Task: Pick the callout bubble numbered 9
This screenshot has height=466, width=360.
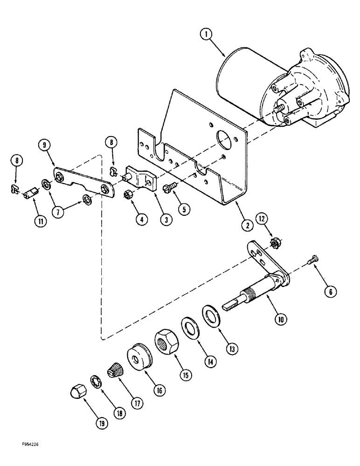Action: [x=44, y=144]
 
